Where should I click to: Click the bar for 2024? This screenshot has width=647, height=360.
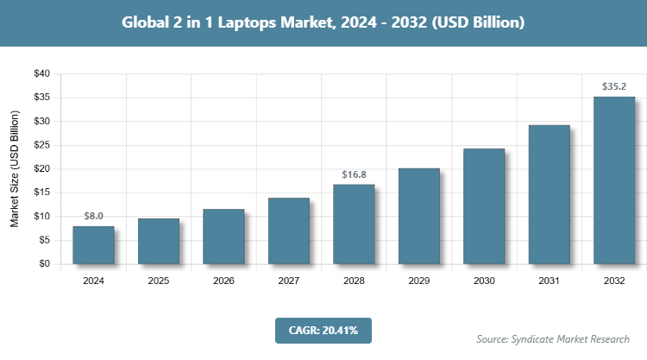click(x=93, y=245)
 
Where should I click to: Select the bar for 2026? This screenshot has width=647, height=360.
click(x=223, y=237)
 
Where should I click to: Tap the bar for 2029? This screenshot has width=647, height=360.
click(x=418, y=217)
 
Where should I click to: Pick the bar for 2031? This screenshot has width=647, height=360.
click(x=549, y=195)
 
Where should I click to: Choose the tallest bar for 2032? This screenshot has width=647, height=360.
click(x=613, y=180)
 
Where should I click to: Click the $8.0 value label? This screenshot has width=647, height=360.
click(x=93, y=215)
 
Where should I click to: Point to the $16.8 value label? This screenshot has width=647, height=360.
click(x=354, y=174)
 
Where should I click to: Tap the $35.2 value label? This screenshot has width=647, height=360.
click(x=613, y=86)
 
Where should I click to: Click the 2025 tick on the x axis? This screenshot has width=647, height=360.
click(x=159, y=281)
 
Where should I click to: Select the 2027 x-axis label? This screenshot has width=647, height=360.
click(x=289, y=281)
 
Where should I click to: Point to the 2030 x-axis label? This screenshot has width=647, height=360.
click(x=484, y=281)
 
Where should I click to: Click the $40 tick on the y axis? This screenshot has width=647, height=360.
click(x=41, y=74)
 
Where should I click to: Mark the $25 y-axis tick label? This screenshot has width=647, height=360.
click(x=41, y=145)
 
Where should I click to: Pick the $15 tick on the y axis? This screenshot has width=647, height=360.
click(x=41, y=193)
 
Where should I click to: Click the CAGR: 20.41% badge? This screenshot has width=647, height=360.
click(x=323, y=330)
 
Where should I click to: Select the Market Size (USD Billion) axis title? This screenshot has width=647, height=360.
click(x=15, y=169)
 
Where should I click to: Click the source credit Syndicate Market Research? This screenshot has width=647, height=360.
click(x=553, y=338)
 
